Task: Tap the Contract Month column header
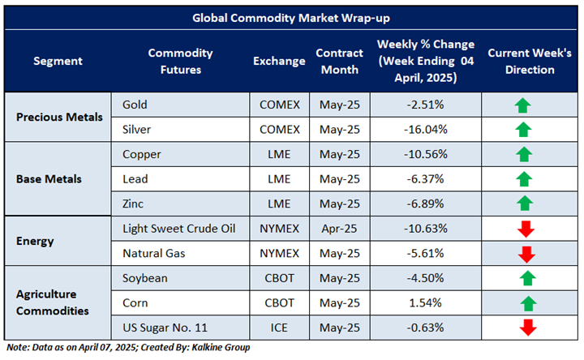(x=338, y=61)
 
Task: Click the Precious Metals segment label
(x=61, y=117)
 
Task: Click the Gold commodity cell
(x=135, y=105)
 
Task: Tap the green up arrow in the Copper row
(x=523, y=154)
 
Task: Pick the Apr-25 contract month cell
(x=338, y=229)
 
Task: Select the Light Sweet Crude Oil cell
(x=178, y=229)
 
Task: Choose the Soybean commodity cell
(x=146, y=278)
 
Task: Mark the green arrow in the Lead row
(x=523, y=179)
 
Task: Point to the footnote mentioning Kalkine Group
(x=128, y=348)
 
